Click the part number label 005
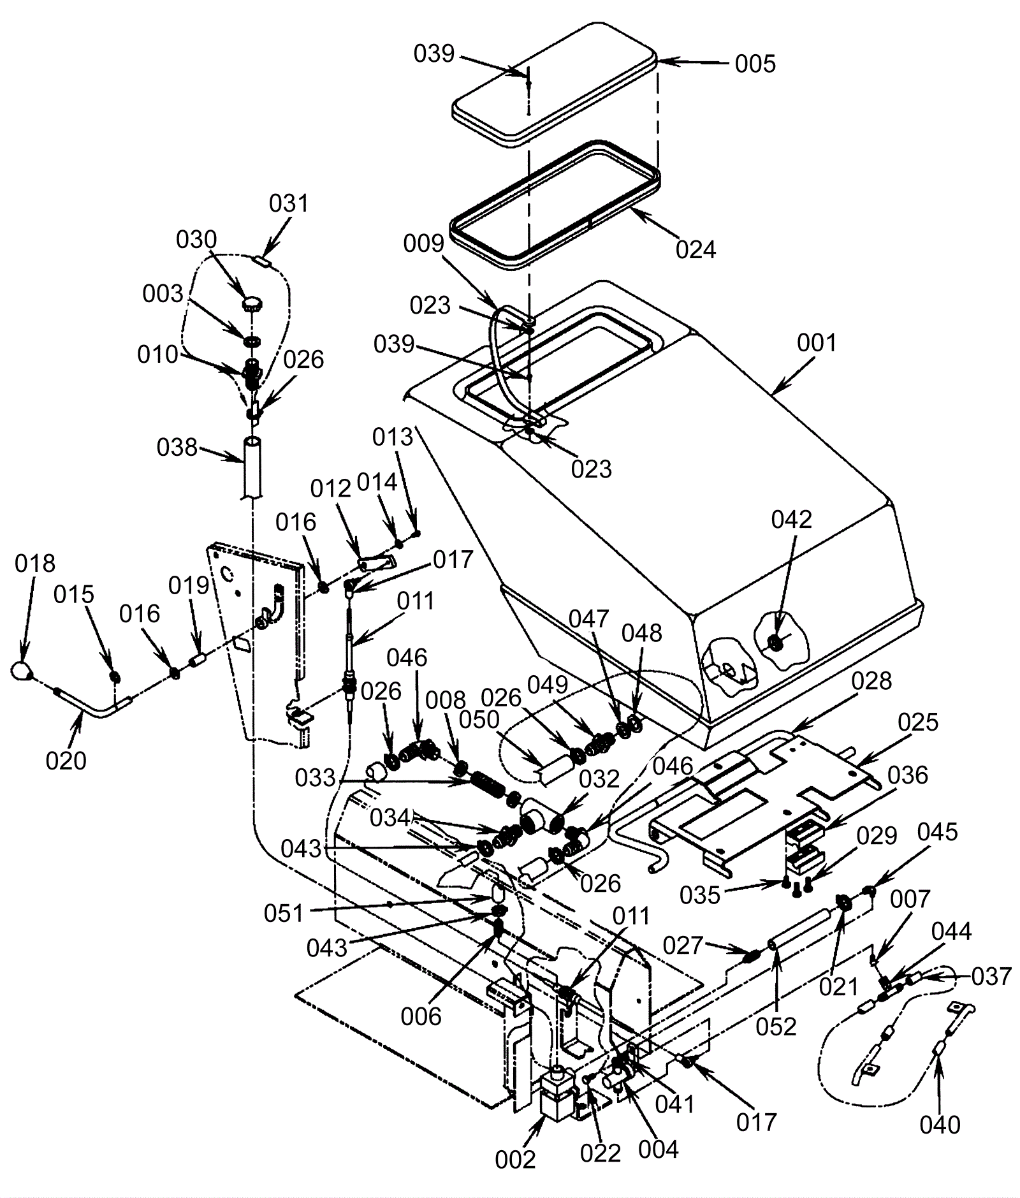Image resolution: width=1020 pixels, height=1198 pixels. [x=755, y=64]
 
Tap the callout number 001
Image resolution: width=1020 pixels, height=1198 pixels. [x=817, y=343]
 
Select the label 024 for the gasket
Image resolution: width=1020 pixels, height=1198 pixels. [x=696, y=249]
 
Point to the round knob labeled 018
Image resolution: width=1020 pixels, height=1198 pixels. [x=22, y=671]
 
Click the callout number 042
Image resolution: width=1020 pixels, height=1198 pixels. [x=792, y=520]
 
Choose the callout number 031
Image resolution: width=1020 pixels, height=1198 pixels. [x=289, y=203]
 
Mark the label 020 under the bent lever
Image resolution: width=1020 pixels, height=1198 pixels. [x=66, y=761]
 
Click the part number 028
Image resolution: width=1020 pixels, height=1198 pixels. [x=871, y=681]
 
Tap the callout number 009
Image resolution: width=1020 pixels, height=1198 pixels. [x=423, y=244]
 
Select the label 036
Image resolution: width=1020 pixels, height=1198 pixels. [x=908, y=775]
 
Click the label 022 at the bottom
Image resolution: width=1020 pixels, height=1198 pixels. [x=601, y=1153]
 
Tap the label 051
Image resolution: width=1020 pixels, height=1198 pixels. [x=284, y=914]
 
